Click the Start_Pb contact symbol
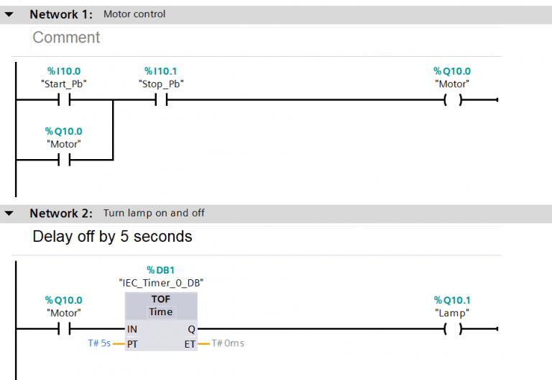coord(64,100)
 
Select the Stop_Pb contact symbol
coord(161,100)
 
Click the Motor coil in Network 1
coord(452,100)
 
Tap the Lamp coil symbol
coord(452,329)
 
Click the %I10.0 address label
coord(64,71)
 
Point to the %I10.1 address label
coord(160,71)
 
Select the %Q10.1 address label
coord(452,300)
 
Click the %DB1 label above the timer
coord(160,269)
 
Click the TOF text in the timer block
coord(161,299)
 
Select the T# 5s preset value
coord(98,343)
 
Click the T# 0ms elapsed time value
coord(228,343)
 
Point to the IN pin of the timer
coord(132,329)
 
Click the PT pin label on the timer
coord(132,343)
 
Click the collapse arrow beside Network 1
coord(9,14)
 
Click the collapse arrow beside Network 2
coord(9,214)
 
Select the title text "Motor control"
coord(134,14)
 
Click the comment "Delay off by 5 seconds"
coord(112,237)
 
